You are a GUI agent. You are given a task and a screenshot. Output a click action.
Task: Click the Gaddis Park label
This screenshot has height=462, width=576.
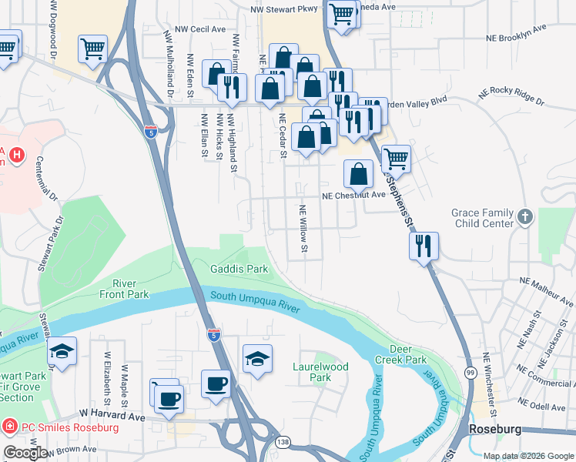point(239,269)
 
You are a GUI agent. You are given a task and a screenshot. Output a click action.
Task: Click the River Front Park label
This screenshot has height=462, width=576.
point(125,289)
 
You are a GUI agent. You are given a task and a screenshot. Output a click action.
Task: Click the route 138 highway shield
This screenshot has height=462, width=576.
point(283,442)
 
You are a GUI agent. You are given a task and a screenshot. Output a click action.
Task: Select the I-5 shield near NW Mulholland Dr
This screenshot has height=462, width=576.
point(151,131)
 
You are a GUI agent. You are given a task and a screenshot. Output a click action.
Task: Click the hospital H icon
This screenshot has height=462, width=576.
point(16,156)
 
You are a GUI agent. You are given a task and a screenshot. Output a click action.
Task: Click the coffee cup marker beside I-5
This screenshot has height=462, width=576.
point(216,383)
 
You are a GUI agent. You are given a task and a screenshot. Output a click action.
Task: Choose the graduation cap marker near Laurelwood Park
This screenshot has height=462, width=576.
point(257,359)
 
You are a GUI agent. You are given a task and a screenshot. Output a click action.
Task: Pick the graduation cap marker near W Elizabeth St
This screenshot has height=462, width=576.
point(62,353)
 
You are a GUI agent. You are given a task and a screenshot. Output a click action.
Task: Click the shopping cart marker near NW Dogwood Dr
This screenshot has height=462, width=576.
point(92,49)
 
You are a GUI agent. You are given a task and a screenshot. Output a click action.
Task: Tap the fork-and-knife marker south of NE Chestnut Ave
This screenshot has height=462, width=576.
point(424,246)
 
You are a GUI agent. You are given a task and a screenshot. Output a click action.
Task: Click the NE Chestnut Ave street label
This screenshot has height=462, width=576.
point(353,196)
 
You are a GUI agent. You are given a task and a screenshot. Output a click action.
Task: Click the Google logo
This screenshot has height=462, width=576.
point(26,453)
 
